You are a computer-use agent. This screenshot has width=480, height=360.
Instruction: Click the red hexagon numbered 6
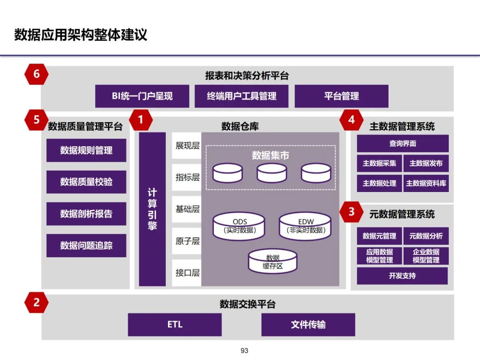pyautogui.click(x=36, y=74)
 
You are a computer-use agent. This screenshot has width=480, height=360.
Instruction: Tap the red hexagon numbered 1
pyautogui.click(x=141, y=120)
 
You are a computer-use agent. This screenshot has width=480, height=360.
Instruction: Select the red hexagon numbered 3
pyautogui.click(x=352, y=212)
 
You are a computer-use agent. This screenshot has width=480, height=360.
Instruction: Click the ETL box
pyautogui.click(x=175, y=324)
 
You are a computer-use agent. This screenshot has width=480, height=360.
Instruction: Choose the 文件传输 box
pyautogui.click(x=308, y=324)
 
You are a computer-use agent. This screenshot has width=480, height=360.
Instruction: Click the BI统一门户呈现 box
pyautogui.click(x=142, y=96)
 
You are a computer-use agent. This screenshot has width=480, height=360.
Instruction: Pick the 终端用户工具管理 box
pyautogui.click(x=241, y=96)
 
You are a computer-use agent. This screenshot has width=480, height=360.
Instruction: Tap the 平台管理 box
pyautogui.click(x=341, y=96)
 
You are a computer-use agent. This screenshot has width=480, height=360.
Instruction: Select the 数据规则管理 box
pyautogui.click(x=86, y=150)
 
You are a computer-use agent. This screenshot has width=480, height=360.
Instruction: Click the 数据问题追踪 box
pyautogui.click(x=86, y=245)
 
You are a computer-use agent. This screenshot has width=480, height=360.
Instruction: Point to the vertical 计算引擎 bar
pyautogui.click(x=152, y=209)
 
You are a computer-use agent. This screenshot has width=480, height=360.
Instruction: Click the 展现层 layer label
pyautogui.click(x=187, y=146)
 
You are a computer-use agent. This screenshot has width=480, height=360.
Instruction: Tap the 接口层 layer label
pyautogui.click(x=187, y=273)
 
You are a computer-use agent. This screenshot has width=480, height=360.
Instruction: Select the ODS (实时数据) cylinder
pyautogui.click(x=240, y=226)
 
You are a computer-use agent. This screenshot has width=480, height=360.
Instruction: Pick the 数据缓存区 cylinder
pyautogui.click(x=273, y=262)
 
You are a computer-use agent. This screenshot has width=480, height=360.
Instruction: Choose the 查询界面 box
pyautogui.click(x=403, y=144)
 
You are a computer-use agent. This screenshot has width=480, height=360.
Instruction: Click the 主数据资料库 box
pyautogui.click(x=426, y=183)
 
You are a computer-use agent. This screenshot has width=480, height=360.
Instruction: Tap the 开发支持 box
pyautogui.click(x=402, y=276)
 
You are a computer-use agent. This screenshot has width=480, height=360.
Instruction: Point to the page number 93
pyautogui.click(x=244, y=351)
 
